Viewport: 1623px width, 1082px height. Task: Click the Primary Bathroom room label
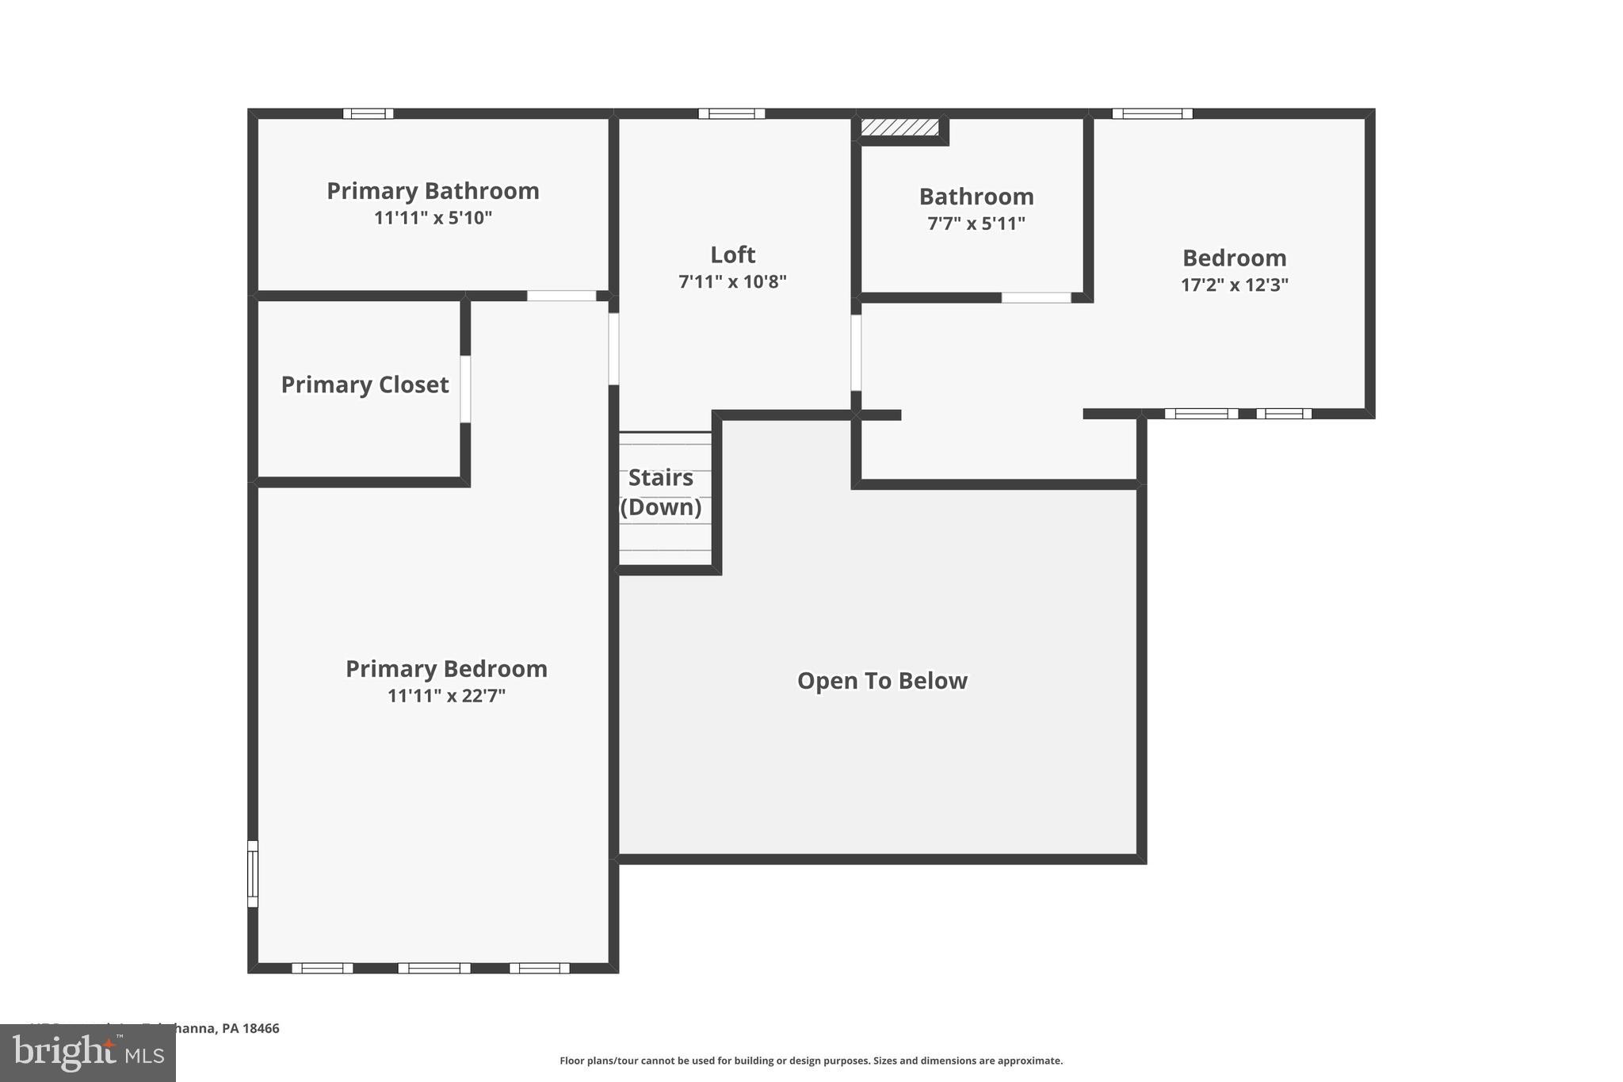(x=433, y=191)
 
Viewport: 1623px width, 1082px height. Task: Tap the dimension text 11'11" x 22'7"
(x=446, y=696)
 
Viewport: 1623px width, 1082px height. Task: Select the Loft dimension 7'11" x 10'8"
(x=732, y=281)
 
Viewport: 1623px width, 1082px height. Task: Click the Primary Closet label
(x=365, y=384)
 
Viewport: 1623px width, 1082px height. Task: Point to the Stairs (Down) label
(x=661, y=492)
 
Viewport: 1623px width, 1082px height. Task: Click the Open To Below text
(x=882, y=681)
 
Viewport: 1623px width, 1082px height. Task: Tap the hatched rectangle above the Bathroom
(x=899, y=127)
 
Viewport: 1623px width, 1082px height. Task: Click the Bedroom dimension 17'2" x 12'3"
(x=1234, y=285)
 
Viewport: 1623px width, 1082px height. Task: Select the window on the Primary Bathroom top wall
(x=368, y=113)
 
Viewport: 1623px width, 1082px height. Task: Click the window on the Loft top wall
(x=731, y=113)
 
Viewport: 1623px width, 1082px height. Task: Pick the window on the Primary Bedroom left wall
(x=253, y=874)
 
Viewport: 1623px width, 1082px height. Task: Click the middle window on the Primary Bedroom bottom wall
(x=433, y=968)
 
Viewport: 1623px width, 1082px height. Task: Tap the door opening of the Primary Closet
(x=465, y=389)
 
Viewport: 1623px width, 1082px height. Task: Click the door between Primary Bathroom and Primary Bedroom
(x=561, y=296)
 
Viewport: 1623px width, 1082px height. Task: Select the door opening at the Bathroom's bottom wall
(x=1036, y=298)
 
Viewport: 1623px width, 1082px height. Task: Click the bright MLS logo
(x=88, y=1053)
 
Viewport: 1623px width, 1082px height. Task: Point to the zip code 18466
(x=261, y=1028)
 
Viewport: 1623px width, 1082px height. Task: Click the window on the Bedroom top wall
(x=1151, y=113)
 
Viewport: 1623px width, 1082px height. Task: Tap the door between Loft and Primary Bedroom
(x=613, y=349)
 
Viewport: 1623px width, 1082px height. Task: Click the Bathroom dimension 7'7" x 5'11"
(x=976, y=224)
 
